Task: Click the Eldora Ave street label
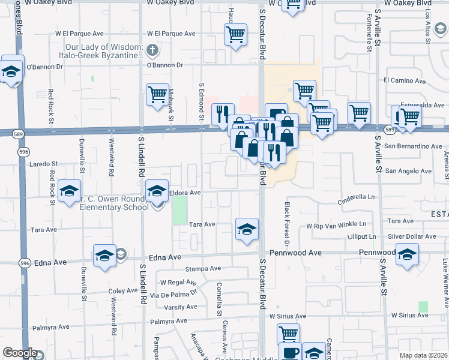coord(185,193)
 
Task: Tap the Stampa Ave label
coord(200,269)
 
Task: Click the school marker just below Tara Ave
coord(247,229)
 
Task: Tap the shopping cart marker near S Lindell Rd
coord(157,94)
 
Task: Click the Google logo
coord(20,353)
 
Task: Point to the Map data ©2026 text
coord(423,355)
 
